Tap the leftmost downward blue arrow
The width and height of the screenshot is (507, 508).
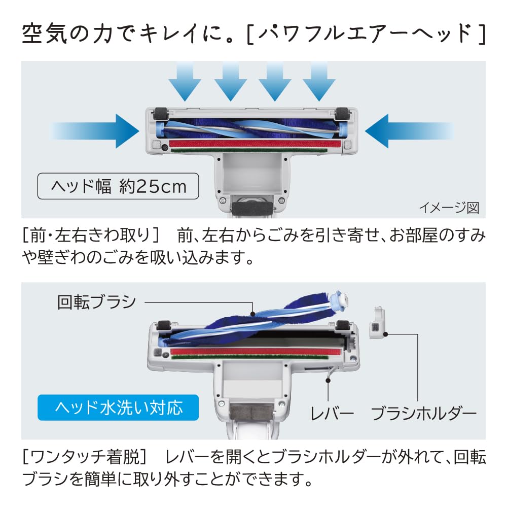(x=185, y=81)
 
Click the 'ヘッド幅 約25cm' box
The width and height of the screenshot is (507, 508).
(x=118, y=187)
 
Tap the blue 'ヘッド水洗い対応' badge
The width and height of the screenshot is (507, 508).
(x=118, y=407)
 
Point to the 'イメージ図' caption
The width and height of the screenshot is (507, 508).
(x=449, y=208)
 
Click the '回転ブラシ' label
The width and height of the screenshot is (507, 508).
(x=96, y=302)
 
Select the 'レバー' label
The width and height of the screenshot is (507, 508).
(x=332, y=414)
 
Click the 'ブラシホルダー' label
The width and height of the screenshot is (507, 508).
(x=424, y=414)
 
